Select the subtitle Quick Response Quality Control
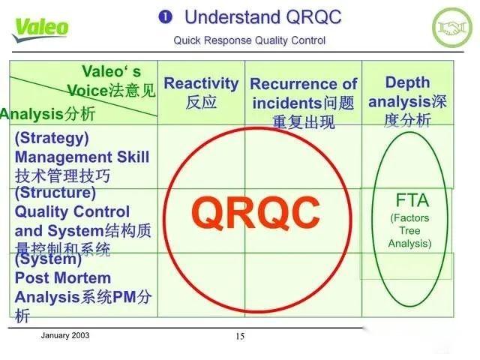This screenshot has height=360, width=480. [x=249, y=40]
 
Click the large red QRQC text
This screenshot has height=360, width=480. [x=254, y=213]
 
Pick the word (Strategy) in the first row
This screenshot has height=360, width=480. [x=51, y=138]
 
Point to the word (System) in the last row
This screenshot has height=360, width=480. [x=48, y=259]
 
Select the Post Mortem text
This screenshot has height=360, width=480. [x=59, y=277]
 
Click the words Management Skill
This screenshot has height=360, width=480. [x=82, y=157]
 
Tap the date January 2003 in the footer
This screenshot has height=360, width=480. [x=64, y=335]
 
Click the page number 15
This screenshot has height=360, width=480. [x=240, y=337]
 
